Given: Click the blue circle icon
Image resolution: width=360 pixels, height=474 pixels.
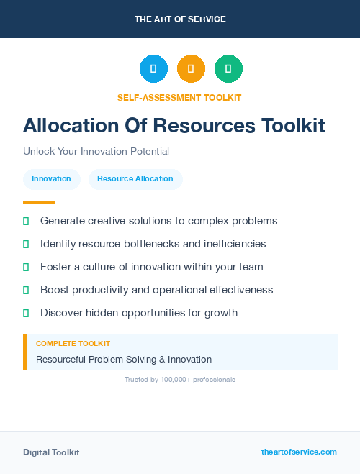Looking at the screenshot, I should click(153, 69).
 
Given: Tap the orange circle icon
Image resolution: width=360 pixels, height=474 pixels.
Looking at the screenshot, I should click(191, 69).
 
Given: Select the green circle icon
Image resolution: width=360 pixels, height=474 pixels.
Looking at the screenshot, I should click(228, 69).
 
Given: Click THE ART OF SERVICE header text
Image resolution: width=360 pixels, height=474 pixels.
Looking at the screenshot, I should click(180, 19).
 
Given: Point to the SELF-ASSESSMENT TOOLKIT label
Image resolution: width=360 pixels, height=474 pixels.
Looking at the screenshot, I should click(179, 97).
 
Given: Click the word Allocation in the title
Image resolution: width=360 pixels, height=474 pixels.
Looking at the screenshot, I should click(67, 126).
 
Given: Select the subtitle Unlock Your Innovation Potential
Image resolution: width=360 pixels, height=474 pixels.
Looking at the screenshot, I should click(96, 152).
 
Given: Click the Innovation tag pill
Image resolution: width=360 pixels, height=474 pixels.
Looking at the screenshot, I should click(51, 178).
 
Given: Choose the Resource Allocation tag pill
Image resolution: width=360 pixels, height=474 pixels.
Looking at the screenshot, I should click(135, 178).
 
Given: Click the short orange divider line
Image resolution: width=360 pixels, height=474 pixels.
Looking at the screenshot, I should click(39, 202).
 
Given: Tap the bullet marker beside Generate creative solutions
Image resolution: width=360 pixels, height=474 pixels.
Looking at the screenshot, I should click(26, 221).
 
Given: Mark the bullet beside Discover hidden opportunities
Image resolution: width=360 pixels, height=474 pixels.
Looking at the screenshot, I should click(26, 313).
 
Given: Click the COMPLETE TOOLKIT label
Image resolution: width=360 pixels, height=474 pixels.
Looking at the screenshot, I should click(73, 344).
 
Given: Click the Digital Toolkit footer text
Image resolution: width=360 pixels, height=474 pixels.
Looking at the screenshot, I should click(51, 452).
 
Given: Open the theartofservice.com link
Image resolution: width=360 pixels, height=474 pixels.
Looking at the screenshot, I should click(299, 452).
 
